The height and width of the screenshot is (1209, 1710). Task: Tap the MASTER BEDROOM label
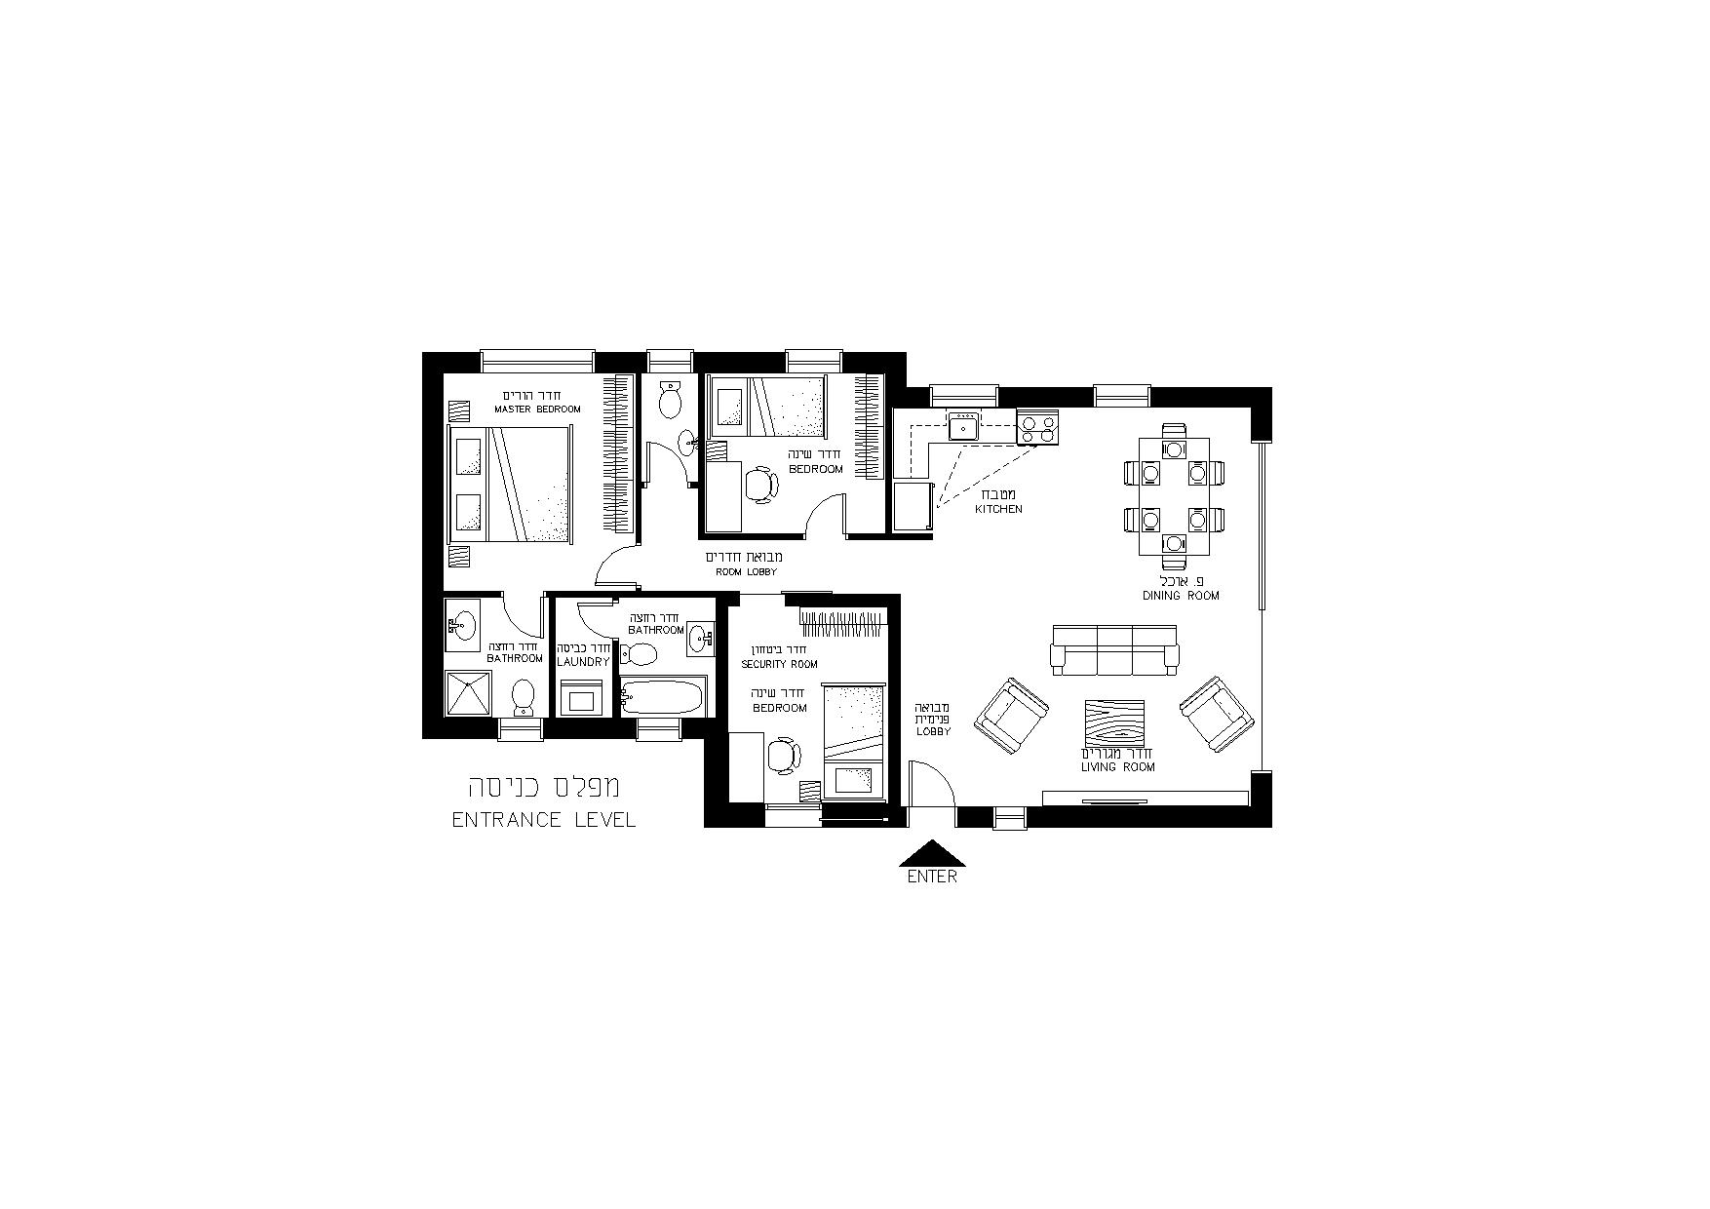(x=537, y=409)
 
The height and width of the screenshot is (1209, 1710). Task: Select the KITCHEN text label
(x=999, y=509)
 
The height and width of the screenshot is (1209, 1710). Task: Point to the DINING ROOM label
(x=1182, y=596)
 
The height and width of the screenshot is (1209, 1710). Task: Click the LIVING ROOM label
(x=1118, y=767)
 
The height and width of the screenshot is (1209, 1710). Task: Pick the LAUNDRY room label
(x=583, y=662)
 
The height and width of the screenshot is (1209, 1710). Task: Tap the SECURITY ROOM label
(x=779, y=664)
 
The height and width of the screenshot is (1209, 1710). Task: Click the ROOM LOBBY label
(x=747, y=571)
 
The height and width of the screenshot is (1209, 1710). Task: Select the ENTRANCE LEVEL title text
(x=544, y=820)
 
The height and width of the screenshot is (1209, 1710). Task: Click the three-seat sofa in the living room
(x=1114, y=649)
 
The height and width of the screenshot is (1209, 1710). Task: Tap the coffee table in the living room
(x=1117, y=724)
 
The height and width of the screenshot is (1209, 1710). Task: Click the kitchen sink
(x=964, y=426)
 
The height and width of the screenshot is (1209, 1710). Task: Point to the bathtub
(x=662, y=697)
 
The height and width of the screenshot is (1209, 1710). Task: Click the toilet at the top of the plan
(x=670, y=399)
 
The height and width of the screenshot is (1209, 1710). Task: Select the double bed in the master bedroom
(x=509, y=484)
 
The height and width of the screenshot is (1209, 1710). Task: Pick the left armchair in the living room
(x=1013, y=715)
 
